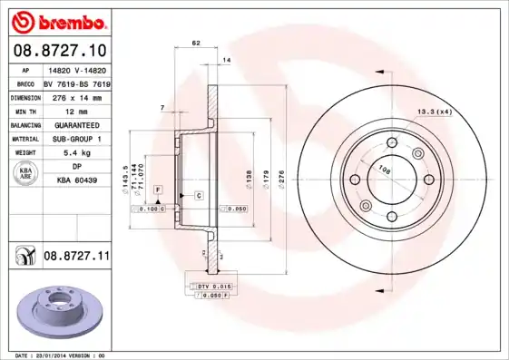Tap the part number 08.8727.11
click(x=77, y=258)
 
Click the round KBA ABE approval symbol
click(x=25, y=174)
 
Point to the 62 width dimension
click(x=196, y=44)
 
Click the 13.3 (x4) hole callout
click(x=434, y=112)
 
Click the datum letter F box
click(x=158, y=189)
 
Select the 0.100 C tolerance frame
click(x=147, y=209)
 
